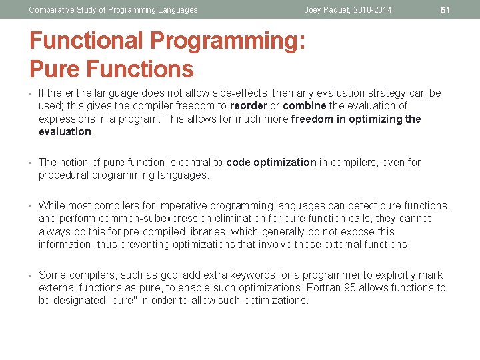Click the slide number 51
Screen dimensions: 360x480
click(446, 10)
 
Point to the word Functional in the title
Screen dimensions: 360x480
click(87, 41)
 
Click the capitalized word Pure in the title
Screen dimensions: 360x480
click(53, 69)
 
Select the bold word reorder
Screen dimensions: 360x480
click(249, 106)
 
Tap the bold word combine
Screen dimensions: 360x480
click(305, 106)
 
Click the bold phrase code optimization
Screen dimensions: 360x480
click(271, 162)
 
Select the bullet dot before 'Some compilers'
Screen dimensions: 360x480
click(31, 275)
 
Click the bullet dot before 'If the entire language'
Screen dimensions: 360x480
click(31, 93)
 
